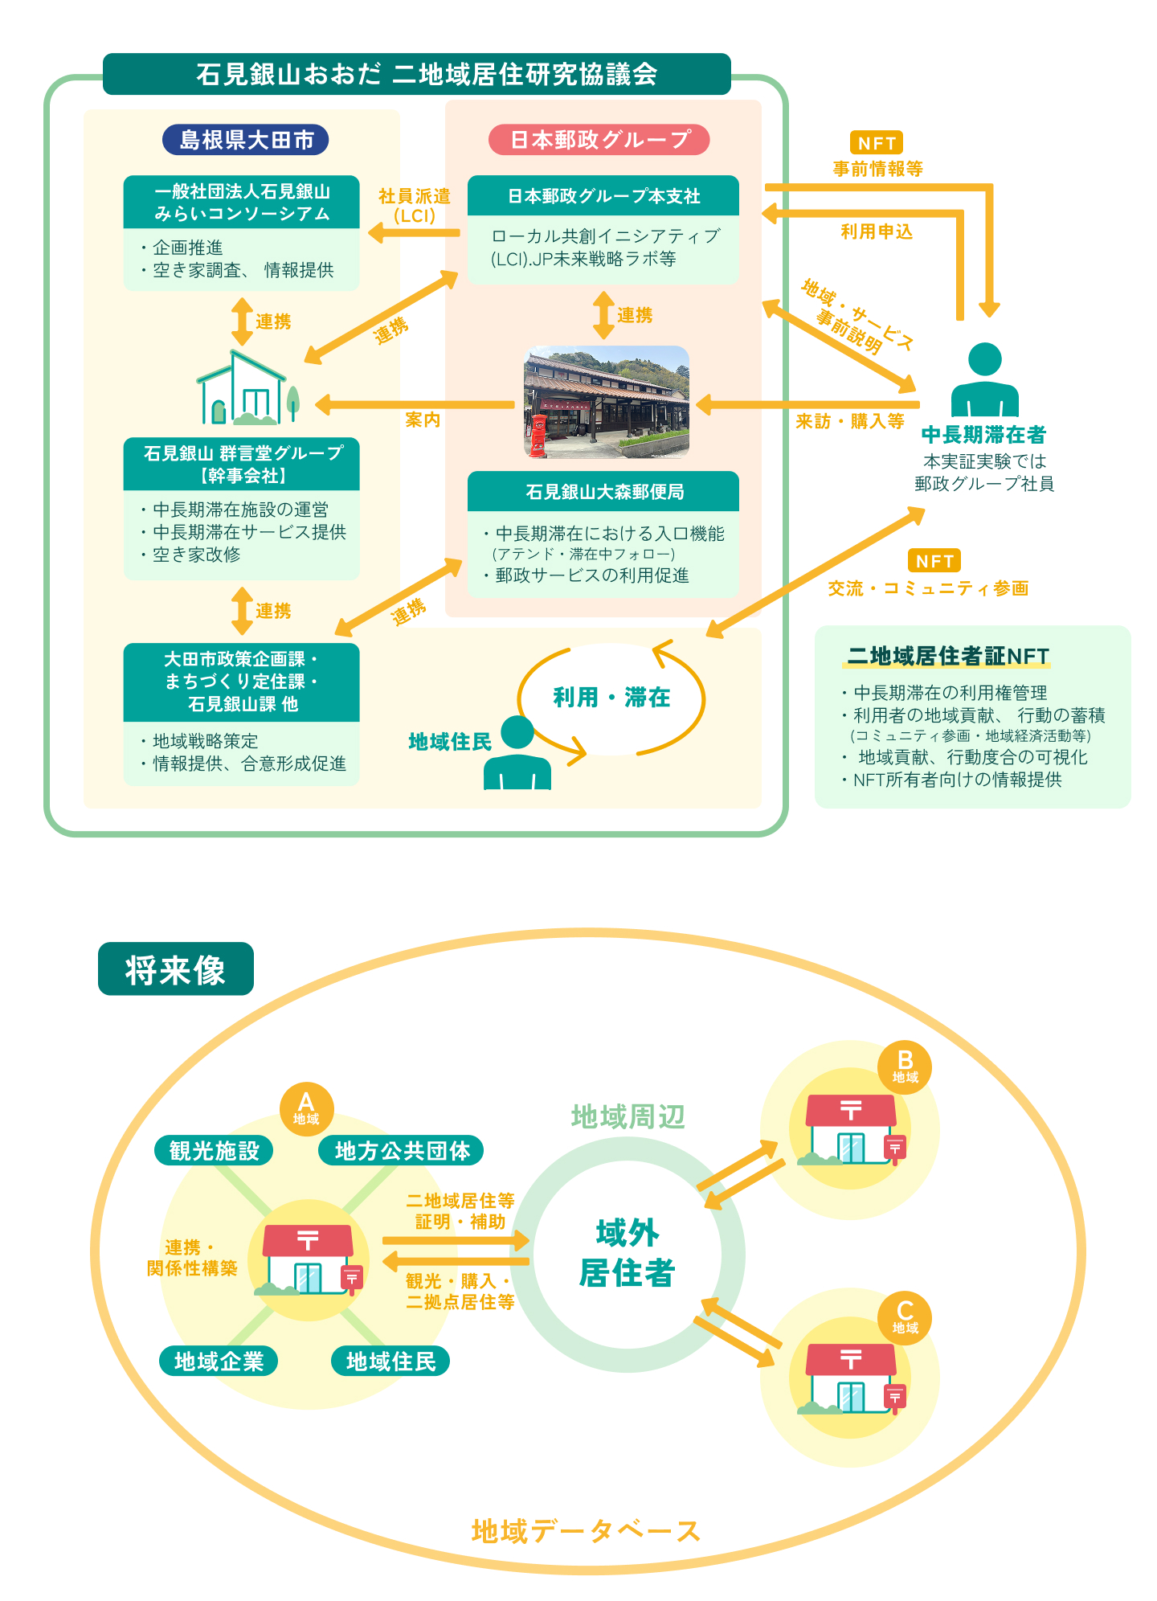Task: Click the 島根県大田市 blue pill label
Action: pyautogui.click(x=245, y=140)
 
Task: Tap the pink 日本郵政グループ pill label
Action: pyautogui.click(x=599, y=140)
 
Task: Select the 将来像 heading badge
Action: pyautogui.click(x=175, y=969)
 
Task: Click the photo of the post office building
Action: pyautogui.click(x=606, y=402)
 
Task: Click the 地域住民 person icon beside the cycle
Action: pyautogui.click(x=517, y=753)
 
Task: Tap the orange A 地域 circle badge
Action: pyautogui.click(x=306, y=1108)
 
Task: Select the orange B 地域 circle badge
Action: pyautogui.click(x=905, y=1067)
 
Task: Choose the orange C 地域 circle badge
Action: pyautogui.click(x=905, y=1317)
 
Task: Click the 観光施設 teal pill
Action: pyautogui.click(x=214, y=1151)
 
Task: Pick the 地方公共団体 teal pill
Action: pyautogui.click(x=402, y=1151)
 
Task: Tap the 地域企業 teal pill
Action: pyautogui.click(x=219, y=1361)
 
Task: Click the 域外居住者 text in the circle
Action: pyautogui.click(x=627, y=1253)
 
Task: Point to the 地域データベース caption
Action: pyautogui.click(x=586, y=1531)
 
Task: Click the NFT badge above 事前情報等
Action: pyautogui.click(x=876, y=143)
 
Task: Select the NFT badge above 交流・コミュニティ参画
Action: pyautogui.click(x=934, y=561)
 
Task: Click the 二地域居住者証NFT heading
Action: pyautogui.click(x=948, y=656)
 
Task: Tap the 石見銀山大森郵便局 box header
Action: pyautogui.click(x=603, y=492)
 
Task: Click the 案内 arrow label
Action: pyautogui.click(x=423, y=420)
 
